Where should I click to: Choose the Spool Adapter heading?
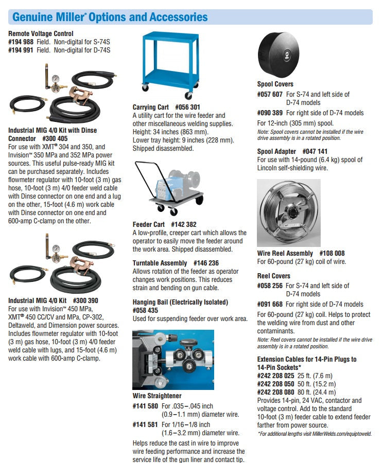tap(277, 151)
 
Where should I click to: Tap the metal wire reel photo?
tap(288, 212)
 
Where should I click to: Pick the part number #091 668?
tap(270, 304)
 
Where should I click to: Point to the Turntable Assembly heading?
tap(160, 263)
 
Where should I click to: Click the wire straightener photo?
tap(173, 360)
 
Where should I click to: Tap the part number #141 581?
tap(146, 424)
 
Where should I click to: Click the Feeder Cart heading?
tap(149, 224)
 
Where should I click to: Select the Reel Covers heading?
tap(274, 276)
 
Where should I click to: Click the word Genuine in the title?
tap(31, 17)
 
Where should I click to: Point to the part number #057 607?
tap(270, 94)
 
